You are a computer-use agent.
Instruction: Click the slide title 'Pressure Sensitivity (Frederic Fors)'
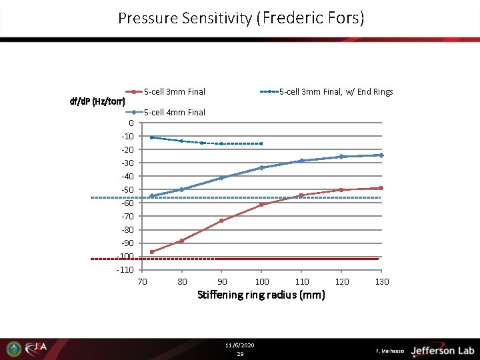pos(241,18)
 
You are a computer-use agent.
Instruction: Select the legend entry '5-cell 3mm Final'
pos(174,92)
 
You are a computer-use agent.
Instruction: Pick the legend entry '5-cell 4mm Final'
pos(174,113)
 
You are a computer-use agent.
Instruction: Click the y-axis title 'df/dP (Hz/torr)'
pos(97,102)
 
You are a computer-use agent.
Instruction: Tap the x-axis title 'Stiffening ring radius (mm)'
pos(261,295)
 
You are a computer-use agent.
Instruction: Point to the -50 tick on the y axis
pos(127,190)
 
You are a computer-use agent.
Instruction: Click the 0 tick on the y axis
pos(131,123)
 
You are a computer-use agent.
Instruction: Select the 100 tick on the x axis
pos(262,282)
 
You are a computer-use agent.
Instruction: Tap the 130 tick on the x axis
pos(381,282)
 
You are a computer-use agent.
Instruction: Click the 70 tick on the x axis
pos(142,282)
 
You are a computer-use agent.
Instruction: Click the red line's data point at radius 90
pos(221,221)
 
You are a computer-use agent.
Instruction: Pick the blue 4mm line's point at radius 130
pos(381,155)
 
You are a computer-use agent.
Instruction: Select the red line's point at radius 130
pos(381,188)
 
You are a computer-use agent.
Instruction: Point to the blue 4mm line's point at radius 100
pos(262,167)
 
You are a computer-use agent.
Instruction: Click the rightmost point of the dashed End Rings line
pos(261,143)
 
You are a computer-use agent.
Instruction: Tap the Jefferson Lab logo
pos(441,350)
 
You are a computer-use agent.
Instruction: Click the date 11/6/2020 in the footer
pos(240,345)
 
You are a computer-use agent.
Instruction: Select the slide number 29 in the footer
pos(240,354)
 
